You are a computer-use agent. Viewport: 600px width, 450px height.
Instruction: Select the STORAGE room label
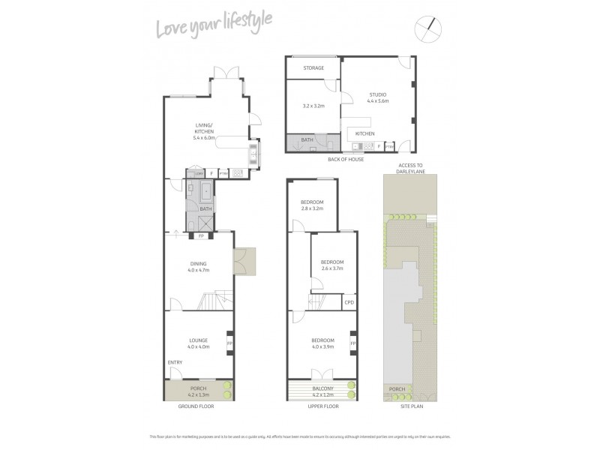[x=313, y=68]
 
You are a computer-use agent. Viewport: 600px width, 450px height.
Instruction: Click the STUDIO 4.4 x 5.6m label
[x=377, y=97]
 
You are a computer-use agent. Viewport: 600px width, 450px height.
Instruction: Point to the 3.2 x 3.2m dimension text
[x=313, y=106]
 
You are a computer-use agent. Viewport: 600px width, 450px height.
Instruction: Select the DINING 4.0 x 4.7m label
[x=198, y=266]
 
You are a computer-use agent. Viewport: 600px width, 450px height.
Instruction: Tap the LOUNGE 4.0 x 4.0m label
[x=198, y=343]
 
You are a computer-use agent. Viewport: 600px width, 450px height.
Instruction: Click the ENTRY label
[x=175, y=363]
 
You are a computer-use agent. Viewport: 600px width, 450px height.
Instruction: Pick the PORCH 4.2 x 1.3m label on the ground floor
[x=198, y=391]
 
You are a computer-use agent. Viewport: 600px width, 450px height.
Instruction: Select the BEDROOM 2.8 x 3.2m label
[x=312, y=205]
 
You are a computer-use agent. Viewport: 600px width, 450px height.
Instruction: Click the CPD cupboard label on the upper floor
[x=349, y=302]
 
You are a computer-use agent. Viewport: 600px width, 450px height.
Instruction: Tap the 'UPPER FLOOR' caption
[x=323, y=406]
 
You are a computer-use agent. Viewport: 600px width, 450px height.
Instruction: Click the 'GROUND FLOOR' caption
[x=198, y=406]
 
